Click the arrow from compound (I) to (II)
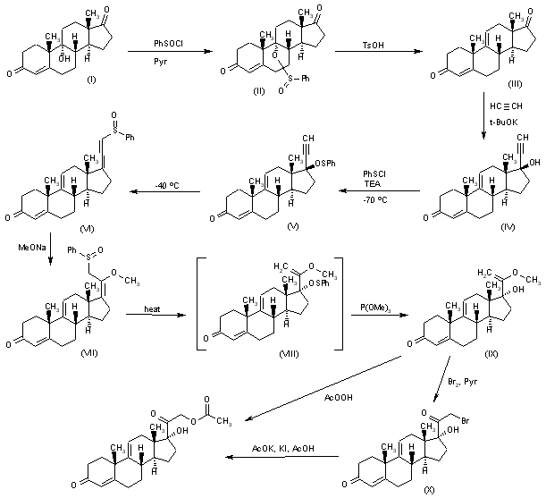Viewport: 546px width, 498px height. pos(164,55)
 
